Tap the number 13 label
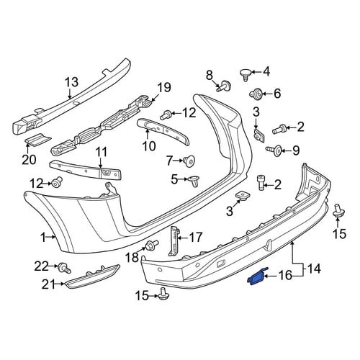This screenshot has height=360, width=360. coord(71,82)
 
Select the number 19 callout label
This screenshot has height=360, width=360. coord(164,88)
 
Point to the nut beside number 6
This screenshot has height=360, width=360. coord(256,93)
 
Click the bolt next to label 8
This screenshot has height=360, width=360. coord(223,86)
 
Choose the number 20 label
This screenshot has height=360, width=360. coord(29,159)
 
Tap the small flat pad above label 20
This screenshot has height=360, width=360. coord(37,140)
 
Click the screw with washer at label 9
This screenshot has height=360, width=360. coord(274,150)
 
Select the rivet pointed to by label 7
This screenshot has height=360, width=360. coord(189,161)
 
